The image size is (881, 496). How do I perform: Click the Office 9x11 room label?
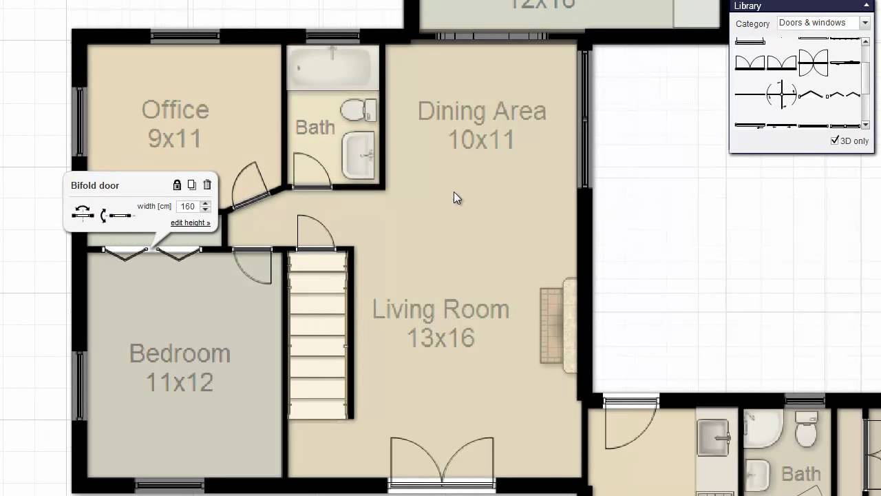click(x=175, y=124)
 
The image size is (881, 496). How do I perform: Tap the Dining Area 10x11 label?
click(x=481, y=125)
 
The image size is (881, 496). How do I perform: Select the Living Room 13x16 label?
click(x=440, y=323)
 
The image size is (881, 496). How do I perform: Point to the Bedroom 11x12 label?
click(x=180, y=367)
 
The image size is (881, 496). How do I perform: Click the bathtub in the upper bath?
click(x=332, y=68)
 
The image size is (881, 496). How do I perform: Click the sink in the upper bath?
click(x=359, y=154)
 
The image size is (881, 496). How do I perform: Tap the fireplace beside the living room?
click(x=558, y=325)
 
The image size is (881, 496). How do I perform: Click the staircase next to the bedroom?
click(x=317, y=335)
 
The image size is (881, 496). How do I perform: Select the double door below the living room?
click(x=442, y=462)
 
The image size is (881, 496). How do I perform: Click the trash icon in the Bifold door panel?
click(x=207, y=185)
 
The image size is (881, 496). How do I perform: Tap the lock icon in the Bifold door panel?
click(x=177, y=185)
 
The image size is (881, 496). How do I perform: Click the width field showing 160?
click(x=187, y=207)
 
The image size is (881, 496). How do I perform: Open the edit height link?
click(x=190, y=223)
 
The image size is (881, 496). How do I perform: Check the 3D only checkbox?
click(x=835, y=141)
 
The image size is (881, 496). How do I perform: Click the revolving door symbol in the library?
click(x=782, y=94)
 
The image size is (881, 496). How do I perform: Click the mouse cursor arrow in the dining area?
click(x=457, y=198)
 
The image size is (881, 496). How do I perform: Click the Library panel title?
click(x=747, y=6)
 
